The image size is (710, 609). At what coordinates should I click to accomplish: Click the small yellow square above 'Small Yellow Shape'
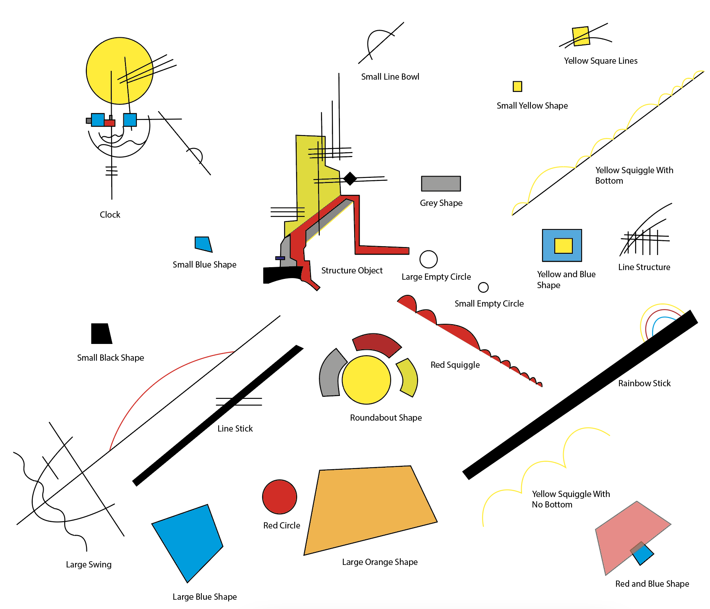[x=517, y=86]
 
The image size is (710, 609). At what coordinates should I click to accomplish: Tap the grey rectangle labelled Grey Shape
[x=441, y=184]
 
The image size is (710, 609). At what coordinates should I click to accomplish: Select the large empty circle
[x=428, y=259]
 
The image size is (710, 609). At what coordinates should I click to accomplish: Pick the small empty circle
[x=483, y=287]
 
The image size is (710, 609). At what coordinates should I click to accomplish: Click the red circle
[x=279, y=497]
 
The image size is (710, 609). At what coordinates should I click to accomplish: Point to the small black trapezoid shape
[x=101, y=334]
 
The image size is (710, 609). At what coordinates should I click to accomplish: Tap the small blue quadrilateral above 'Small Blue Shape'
[x=203, y=244]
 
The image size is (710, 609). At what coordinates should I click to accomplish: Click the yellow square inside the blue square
[x=563, y=246]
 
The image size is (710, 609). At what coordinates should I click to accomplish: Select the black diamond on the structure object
[x=350, y=178]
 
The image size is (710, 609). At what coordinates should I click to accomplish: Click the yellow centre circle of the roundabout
[x=366, y=380]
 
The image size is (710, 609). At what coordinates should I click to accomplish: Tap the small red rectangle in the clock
[x=110, y=123]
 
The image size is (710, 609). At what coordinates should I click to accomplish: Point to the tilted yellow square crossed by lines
[x=581, y=36]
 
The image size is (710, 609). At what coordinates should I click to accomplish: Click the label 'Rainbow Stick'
[x=644, y=383]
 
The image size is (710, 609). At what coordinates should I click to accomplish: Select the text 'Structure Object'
[x=352, y=271]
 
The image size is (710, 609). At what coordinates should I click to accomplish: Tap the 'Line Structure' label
[x=644, y=267]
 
